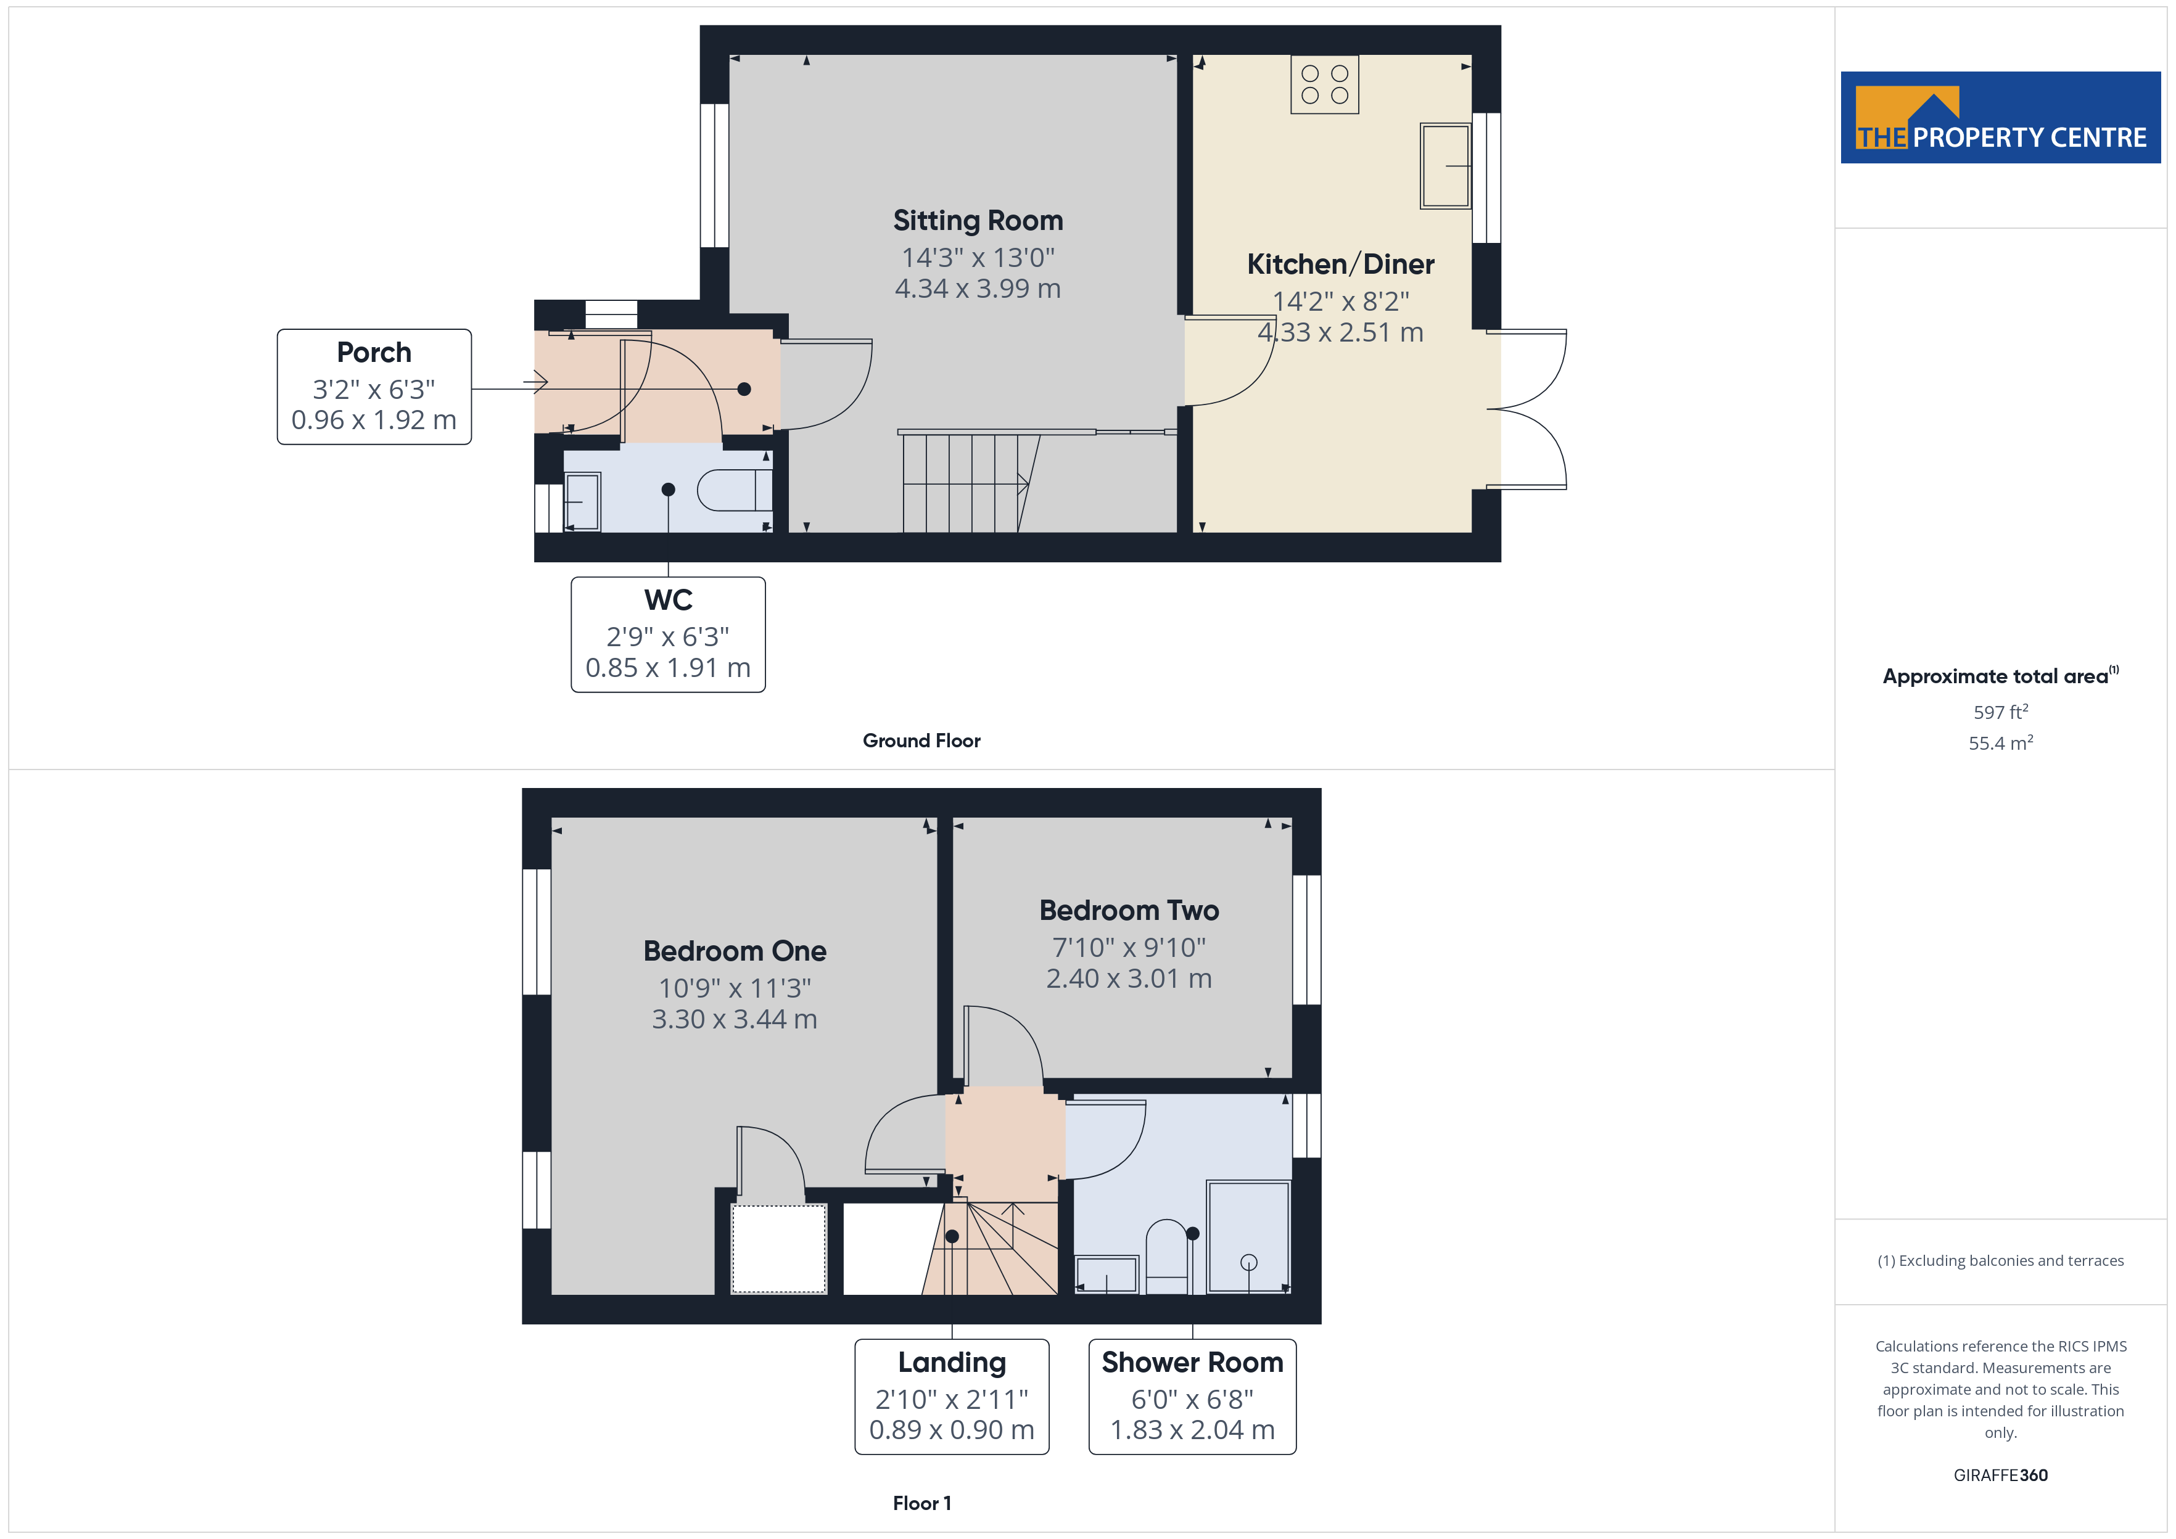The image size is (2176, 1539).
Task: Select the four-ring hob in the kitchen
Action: (1324, 84)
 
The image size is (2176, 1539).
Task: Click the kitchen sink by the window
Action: (1444, 166)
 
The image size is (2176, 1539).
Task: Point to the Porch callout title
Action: (374, 353)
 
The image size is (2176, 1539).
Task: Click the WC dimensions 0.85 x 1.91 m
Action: (668, 668)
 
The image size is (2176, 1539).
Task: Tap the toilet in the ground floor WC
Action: (735, 490)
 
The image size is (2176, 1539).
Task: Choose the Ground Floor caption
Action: (921, 741)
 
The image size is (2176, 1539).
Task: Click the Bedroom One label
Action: (735, 951)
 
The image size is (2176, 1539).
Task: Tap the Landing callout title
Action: (952, 1363)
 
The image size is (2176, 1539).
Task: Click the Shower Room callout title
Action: (1192, 1362)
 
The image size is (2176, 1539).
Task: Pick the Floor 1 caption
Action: (921, 1503)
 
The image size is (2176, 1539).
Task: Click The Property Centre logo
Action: (2000, 118)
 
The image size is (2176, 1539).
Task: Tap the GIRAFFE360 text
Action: (2000, 1475)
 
